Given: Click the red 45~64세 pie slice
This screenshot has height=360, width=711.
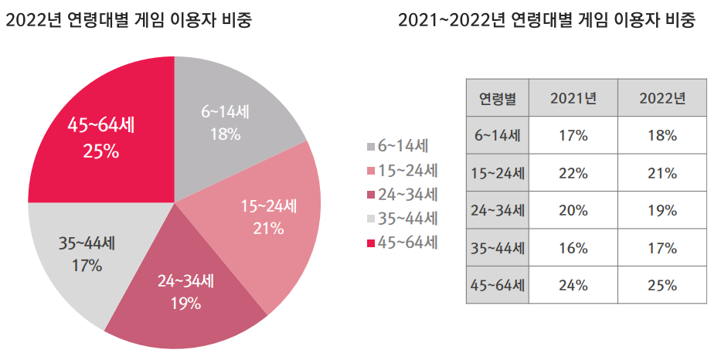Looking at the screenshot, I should (x=100, y=135).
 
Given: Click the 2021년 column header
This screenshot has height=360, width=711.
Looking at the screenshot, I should (x=573, y=98).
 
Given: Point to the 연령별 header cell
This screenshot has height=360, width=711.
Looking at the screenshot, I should (x=498, y=98).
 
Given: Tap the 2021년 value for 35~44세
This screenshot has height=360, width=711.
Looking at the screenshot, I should (x=573, y=248).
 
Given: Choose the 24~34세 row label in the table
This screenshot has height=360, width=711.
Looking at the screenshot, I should (x=498, y=210).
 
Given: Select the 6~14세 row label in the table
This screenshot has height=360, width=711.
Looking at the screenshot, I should (x=498, y=135).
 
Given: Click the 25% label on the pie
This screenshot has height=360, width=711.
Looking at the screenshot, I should (x=100, y=151).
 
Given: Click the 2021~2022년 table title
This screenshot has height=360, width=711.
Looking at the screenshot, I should (x=550, y=21).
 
